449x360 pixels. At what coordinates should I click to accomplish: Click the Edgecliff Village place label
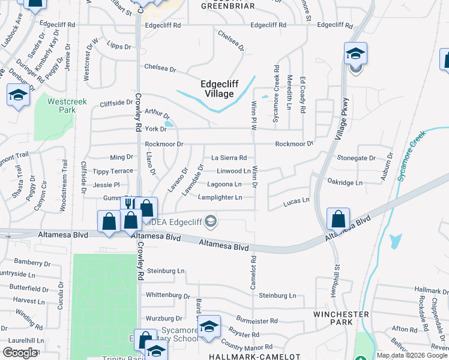tap(217, 89)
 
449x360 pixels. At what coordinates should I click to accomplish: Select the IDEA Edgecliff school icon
tap(210, 222)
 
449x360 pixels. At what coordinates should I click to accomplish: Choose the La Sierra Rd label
tap(229, 158)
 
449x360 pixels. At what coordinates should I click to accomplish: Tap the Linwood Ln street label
tap(234, 171)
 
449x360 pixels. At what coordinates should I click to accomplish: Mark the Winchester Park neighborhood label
tap(340, 319)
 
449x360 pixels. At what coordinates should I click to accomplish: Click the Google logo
tap(20, 353)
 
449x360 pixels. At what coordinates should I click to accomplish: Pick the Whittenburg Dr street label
tap(164, 295)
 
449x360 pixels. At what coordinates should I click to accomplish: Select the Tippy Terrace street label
tap(113, 171)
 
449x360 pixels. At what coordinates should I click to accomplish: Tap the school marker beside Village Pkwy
tap(355, 54)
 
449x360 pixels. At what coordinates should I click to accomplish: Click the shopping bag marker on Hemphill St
tap(339, 219)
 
